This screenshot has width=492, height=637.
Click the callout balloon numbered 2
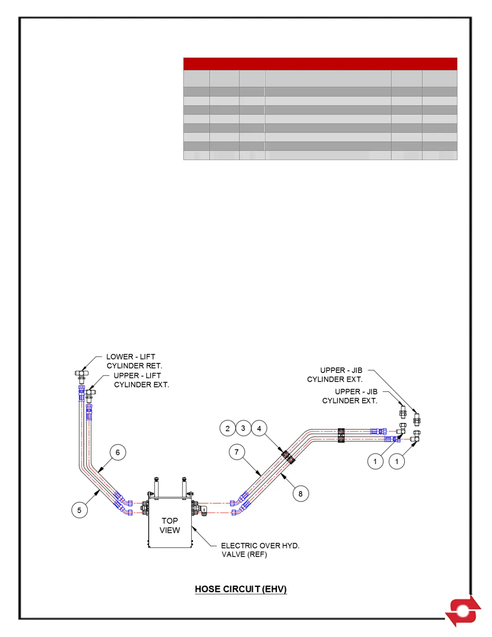tap(228, 428)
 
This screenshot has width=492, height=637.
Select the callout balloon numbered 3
tap(243, 428)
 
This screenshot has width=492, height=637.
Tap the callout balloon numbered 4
tap(259, 429)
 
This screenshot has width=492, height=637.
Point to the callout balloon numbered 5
tap(80, 510)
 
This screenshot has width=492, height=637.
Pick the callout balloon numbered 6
tap(118, 452)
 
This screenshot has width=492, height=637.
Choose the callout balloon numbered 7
tap(237, 452)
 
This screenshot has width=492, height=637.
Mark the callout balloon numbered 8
tap(301, 494)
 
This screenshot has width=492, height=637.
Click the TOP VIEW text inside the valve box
tap(170, 525)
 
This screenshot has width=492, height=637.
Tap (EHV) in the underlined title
tap(274, 589)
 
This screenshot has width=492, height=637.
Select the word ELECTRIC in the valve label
tap(239, 546)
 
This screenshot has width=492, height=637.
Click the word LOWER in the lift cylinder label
tap(120, 357)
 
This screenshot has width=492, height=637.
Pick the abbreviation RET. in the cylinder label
tap(154, 366)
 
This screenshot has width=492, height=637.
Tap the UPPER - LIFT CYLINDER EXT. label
tap(141, 380)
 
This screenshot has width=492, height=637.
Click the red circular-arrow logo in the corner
tap(463, 611)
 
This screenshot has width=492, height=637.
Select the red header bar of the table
tap(320, 64)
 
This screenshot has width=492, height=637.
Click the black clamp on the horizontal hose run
tap(341, 436)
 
